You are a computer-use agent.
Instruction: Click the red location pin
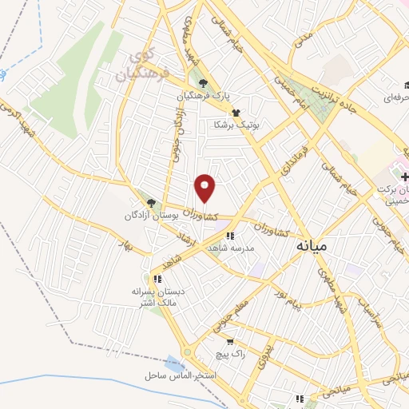pyautogui.click(x=206, y=188)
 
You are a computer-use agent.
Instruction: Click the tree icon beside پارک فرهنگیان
pyautogui.click(x=204, y=82)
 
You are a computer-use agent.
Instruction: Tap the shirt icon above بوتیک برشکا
pyautogui.click(x=236, y=113)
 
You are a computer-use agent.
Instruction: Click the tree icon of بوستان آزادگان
pyautogui.click(x=151, y=204)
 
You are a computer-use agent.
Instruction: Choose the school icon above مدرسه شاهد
pyautogui.click(x=230, y=236)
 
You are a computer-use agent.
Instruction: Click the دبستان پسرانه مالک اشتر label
pyautogui.click(x=158, y=297)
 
